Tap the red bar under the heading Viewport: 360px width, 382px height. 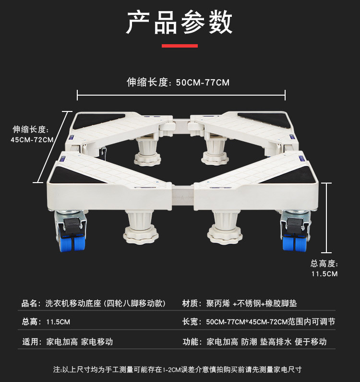(x=180, y=46)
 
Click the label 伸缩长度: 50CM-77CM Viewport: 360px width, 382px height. (x=178, y=83)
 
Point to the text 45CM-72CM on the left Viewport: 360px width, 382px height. (x=32, y=140)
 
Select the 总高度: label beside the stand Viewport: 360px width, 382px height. (x=324, y=263)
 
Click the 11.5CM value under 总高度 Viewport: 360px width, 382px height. (x=324, y=274)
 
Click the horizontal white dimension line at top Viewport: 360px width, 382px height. (x=181, y=96)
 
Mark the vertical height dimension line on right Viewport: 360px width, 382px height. (x=326, y=218)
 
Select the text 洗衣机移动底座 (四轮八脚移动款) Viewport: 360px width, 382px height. (x=106, y=304)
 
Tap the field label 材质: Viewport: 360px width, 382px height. (x=191, y=304)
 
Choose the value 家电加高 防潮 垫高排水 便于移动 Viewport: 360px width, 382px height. (x=266, y=342)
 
